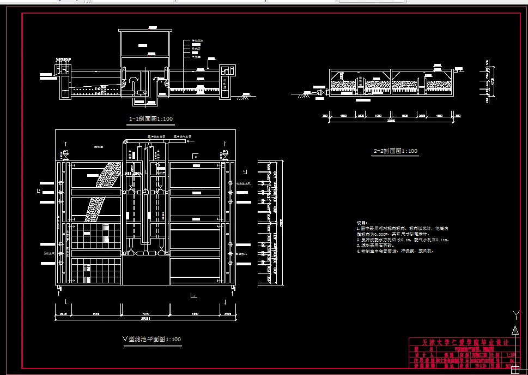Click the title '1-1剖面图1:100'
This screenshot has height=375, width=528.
[x=150, y=118]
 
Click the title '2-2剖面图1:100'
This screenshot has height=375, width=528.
[x=396, y=151]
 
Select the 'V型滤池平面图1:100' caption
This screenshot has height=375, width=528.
[x=152, y=340]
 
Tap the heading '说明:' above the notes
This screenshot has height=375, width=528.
[x=362, y=223]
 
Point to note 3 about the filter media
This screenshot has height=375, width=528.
[x=381, y=246]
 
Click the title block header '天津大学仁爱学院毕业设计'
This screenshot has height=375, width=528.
[x=461, y=342]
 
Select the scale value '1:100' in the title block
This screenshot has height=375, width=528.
[x=514, y=354]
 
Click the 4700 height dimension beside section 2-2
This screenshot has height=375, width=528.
[x=493, y=81]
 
